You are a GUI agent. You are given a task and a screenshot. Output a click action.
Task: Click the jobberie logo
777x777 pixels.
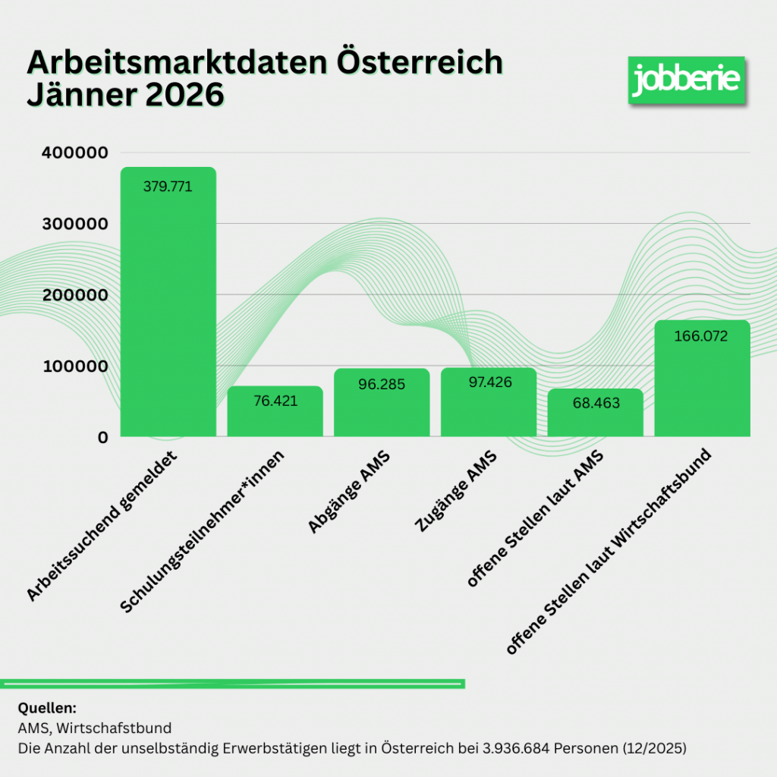point(686,79)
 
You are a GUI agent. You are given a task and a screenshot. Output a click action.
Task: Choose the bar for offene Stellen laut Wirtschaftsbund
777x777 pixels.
point(702,379)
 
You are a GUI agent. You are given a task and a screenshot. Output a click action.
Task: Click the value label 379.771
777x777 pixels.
point(168,186)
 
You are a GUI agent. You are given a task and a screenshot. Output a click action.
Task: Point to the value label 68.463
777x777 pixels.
point(595,403)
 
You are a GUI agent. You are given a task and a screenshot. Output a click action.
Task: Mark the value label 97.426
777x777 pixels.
point(488,382)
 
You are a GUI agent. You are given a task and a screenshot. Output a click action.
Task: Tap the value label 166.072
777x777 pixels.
point(701,335)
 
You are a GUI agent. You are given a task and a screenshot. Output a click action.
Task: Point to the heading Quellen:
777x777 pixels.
point(46,709)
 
